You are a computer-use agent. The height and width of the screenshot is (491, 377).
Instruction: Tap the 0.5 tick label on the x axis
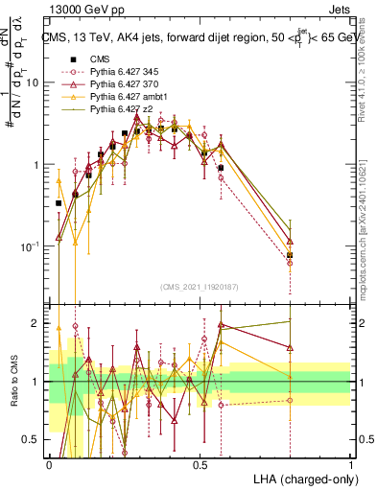[x=200, y=465]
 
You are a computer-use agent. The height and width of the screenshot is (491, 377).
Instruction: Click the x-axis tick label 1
[x=351, y=465]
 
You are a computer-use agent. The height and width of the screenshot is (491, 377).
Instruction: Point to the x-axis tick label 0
[x=49, y=465]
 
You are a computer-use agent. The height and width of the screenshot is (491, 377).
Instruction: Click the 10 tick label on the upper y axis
[x=33, y=82]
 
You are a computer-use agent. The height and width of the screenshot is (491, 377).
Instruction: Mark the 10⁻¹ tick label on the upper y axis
[x=30, y=246]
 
